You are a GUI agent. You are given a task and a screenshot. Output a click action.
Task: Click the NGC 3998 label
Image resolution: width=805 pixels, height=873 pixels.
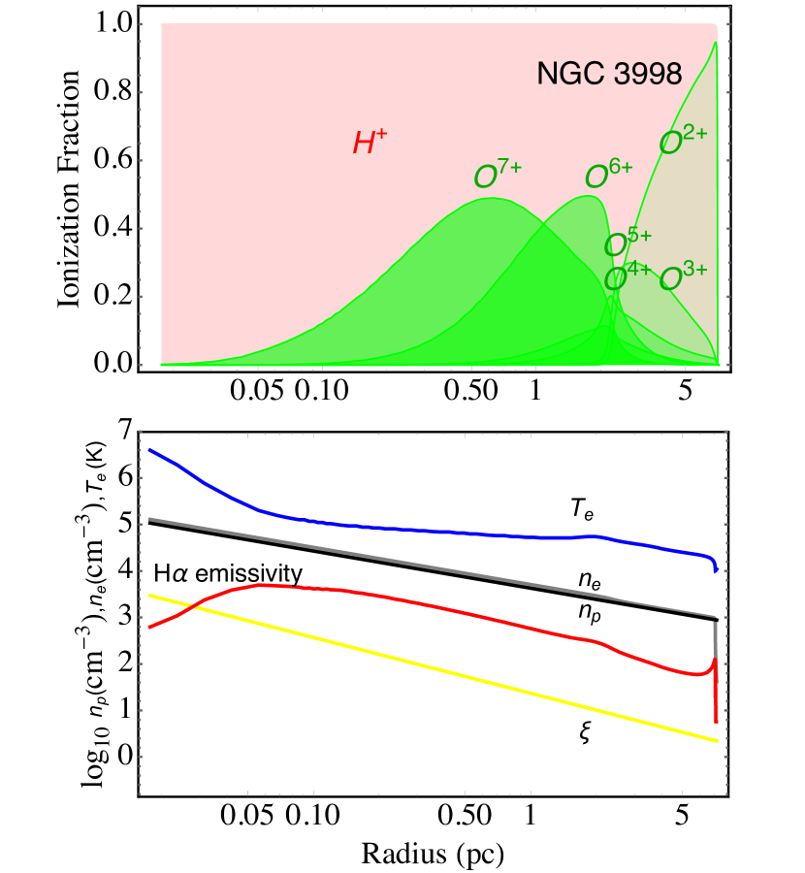(x=609, y=75)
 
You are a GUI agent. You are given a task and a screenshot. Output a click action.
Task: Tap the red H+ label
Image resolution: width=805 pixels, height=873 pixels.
(x=370, y=144)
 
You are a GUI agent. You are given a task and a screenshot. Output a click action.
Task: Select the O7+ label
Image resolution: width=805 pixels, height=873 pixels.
(x=498, y=176)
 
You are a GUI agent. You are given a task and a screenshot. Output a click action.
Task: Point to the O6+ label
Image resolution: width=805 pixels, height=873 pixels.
(x=608, y=176)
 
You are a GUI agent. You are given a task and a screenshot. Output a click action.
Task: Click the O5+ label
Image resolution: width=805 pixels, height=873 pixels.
(x=628, y=243)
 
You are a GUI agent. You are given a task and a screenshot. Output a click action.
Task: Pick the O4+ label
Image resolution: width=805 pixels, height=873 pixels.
(x=627, y=278)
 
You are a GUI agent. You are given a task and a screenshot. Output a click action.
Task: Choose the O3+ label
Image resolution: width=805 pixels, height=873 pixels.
(x=683, y=278)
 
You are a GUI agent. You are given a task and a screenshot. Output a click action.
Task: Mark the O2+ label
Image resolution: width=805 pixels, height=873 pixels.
(x=683, y=142)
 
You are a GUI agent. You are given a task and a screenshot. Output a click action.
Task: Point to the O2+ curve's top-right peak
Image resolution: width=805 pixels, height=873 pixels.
(x=715, y=43)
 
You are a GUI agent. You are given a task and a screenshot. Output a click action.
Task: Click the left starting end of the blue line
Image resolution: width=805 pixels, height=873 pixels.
(x=149, y=450)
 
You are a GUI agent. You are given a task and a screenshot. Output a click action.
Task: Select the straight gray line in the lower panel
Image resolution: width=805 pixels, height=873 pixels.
(x=427, y=567)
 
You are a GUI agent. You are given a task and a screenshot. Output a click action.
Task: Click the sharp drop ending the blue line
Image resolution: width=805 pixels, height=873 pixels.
(x=716, y=566)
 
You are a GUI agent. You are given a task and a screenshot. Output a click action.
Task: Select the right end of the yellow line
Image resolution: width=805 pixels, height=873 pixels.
(x=717, y=740)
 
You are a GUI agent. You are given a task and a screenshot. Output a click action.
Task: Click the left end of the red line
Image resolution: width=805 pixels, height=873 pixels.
(x=149, y=628)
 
